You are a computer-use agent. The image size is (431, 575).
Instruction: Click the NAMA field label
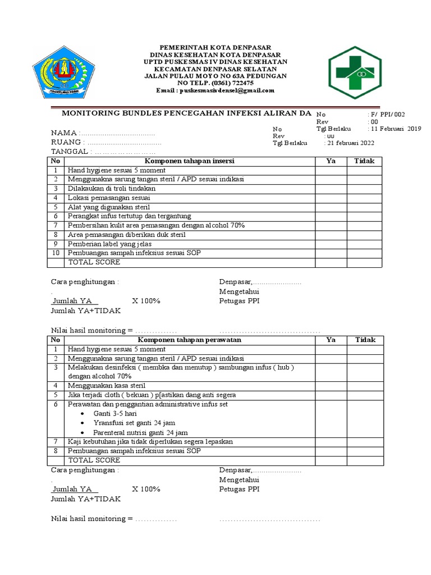[x=65, y=133]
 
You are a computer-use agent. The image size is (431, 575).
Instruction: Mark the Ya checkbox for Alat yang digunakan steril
[x=331, y=207]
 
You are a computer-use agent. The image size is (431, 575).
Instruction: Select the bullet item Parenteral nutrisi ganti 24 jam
[x=141, y=432]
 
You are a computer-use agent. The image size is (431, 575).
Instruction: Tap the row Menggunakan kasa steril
[x=107, y=385]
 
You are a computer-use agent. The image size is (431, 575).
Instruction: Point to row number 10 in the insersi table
[x=56, y=253]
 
